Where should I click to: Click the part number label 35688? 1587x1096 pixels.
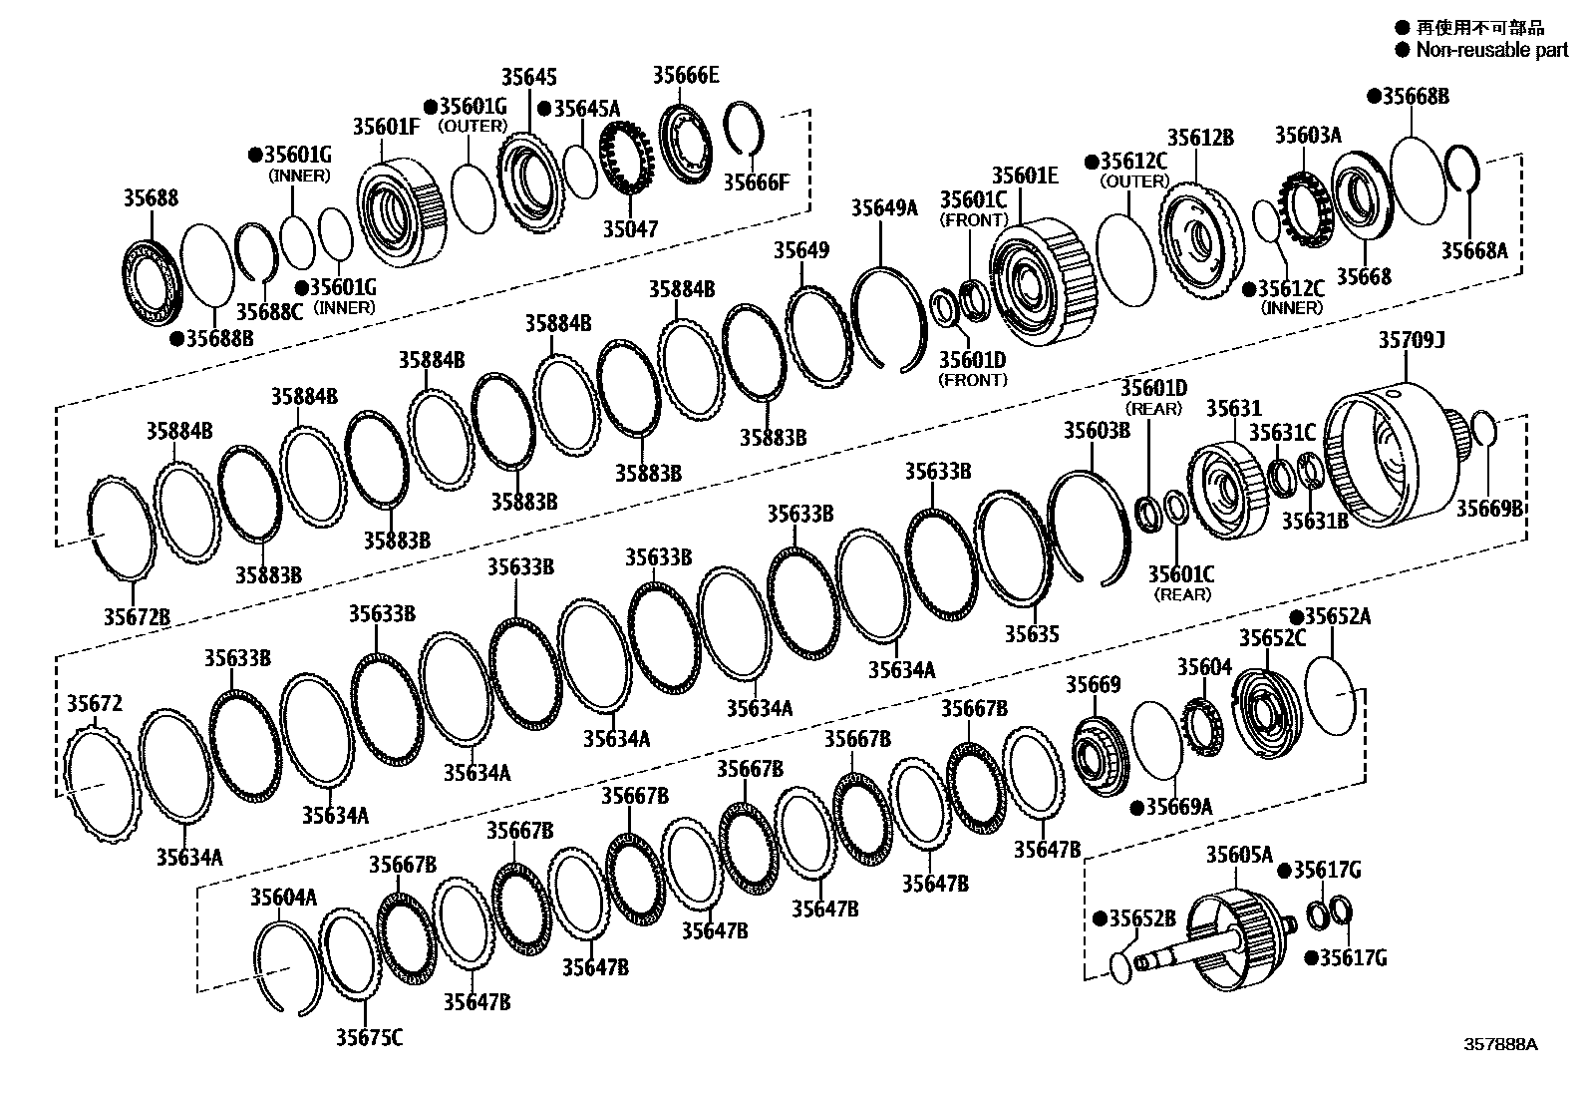(151, 197)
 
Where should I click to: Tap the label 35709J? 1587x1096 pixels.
(1412, 340)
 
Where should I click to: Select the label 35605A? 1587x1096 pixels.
(1240, 855)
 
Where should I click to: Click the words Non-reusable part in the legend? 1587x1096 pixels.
(1492, 50)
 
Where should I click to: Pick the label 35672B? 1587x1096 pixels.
(137, 616)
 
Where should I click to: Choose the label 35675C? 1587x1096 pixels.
(369, 1038)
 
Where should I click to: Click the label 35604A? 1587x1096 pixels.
(283, 898)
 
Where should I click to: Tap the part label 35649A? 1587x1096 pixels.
(884, 207)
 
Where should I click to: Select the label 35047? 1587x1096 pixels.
(631, 229)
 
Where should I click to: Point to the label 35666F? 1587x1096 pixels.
(756, 183)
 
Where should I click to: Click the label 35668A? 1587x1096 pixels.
(1474, 251)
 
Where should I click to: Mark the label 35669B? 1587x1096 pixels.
(1489, 509)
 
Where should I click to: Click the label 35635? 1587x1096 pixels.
(1032, 634)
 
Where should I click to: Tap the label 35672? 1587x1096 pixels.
(95, 704)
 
